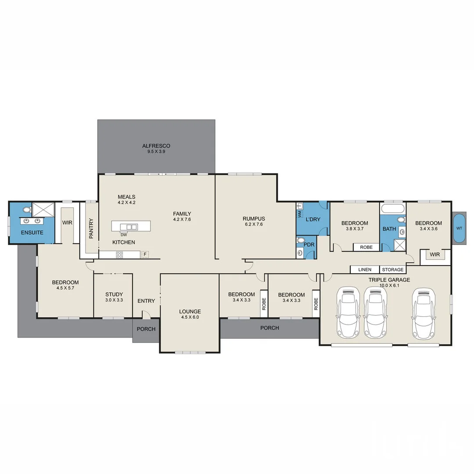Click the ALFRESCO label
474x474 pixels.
pyautogui.click(x=156, y=146)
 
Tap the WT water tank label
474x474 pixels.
pyautogui.click(x=459, y=228)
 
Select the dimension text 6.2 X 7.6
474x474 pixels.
pyautogui.click(x=254, y=224)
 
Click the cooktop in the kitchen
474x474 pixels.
pyautogui.click(x=119, y=255)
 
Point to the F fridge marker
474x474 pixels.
pyautogui.click(x=145, y=254)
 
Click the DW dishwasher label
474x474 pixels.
pyautogui.click(x=124, y=234)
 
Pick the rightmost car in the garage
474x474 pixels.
pyautogui.click(x=424, y=313)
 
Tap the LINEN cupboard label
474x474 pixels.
pyautogui.click(x=365, y=269)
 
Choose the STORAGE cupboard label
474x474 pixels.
pyautogui.click(x=393, y=269)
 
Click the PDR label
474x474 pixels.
pyautogui.click(x=309, y=244)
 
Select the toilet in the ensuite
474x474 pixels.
pyautogui.click(x=27, y=209)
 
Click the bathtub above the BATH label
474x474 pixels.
pyautogui.click(x=393, y=208)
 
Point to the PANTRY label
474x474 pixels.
pyautogui.click(x=91, y=228)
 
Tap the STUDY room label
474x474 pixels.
pyautogui.click(x=114, y=294)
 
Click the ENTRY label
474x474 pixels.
pyautogui.click(x=146, y=301)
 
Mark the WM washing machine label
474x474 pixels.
pyautogui.click(x=300, y=214)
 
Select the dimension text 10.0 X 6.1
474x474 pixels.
pyautogui.click(x=389, y=285)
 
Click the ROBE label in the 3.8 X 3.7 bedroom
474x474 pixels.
pyautogui.click(x=366, y=247)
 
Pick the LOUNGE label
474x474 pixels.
pyautogui.click(x=190, y=311)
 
